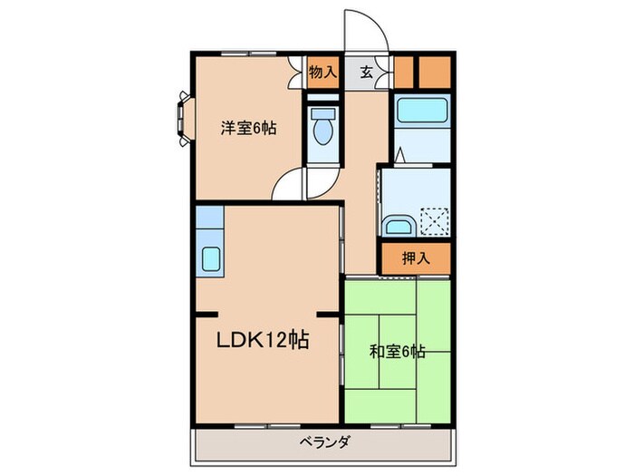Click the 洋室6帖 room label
tap(247, 129)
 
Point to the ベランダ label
tap(323, 442)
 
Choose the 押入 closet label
tap(416, 257)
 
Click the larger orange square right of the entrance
tap(434, 71)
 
